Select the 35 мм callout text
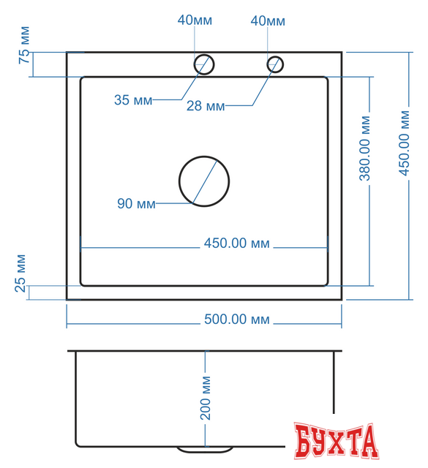click(x=132, y=100)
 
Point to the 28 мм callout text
click(x=206, y=107)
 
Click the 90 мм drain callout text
click(x=136, y=204)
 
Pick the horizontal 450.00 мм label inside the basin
click(x=236, y=244)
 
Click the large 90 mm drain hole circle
click(x=204, y=181)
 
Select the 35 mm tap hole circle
click(x=203, y=64)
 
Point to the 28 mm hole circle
click(x=275, y=64)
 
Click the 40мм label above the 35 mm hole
click(x=195, y=20)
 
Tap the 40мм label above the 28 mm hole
click(x=268, y=20)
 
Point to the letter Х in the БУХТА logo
click(x=337, y=440)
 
